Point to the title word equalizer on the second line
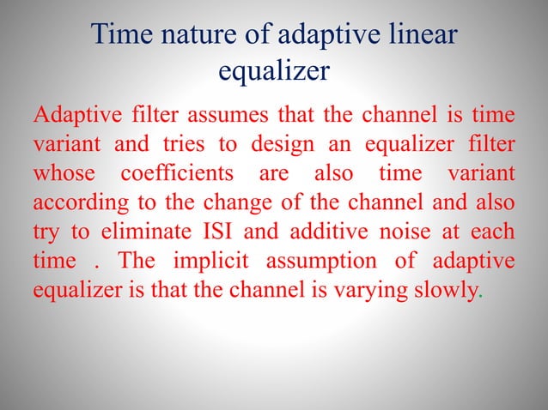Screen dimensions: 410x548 pyautogui.click(x=273, y=71)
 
